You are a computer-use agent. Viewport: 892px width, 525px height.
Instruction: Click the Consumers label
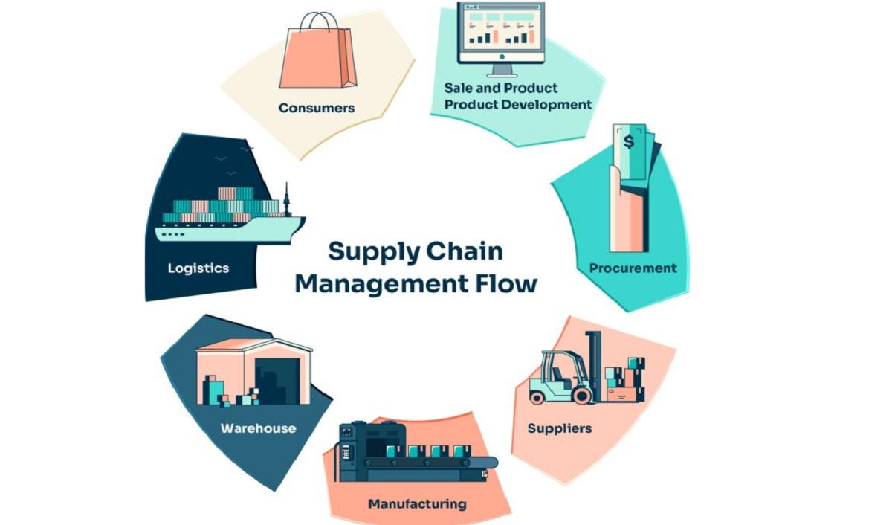316,108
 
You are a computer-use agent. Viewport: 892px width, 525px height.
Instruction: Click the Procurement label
633,268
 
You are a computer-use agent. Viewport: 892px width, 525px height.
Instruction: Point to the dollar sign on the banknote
629,141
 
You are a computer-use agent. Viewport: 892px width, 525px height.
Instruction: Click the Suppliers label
559,428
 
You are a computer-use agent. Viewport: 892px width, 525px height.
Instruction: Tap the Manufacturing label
417,504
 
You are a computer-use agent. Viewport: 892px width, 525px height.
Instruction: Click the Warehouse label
258,428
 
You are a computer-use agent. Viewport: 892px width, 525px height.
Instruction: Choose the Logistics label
198,268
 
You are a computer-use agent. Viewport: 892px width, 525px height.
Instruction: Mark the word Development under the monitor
546,104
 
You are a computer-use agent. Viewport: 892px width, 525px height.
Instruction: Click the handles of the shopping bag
318,22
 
